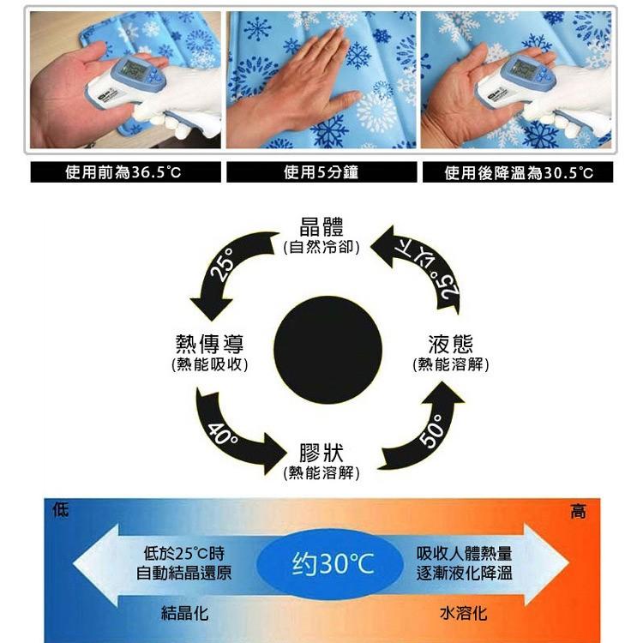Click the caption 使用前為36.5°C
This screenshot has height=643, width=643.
(x=123, y=172)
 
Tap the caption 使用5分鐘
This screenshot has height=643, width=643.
(x=321, y=172)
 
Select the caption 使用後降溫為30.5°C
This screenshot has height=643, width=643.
(x=519, y=172)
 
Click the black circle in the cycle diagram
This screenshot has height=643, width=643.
(x=328, y=350)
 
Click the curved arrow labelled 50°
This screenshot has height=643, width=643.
(x=430, y=435)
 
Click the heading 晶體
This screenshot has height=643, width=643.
(x=321, y=227)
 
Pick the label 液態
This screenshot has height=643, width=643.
(x=451, y=344)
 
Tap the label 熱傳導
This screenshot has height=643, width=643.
(x=209, y=344)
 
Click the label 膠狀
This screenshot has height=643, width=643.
(x=321, y=453)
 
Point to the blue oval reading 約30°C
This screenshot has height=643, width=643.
(x=330, y=564)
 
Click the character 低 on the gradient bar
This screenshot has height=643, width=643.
(x=61, y=510)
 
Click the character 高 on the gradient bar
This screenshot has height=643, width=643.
(x=578, y=511)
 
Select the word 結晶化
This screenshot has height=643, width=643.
(x=185, y=614)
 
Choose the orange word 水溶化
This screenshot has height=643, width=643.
(x=464, y=614)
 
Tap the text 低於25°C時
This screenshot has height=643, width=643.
(x=184, y=554)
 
